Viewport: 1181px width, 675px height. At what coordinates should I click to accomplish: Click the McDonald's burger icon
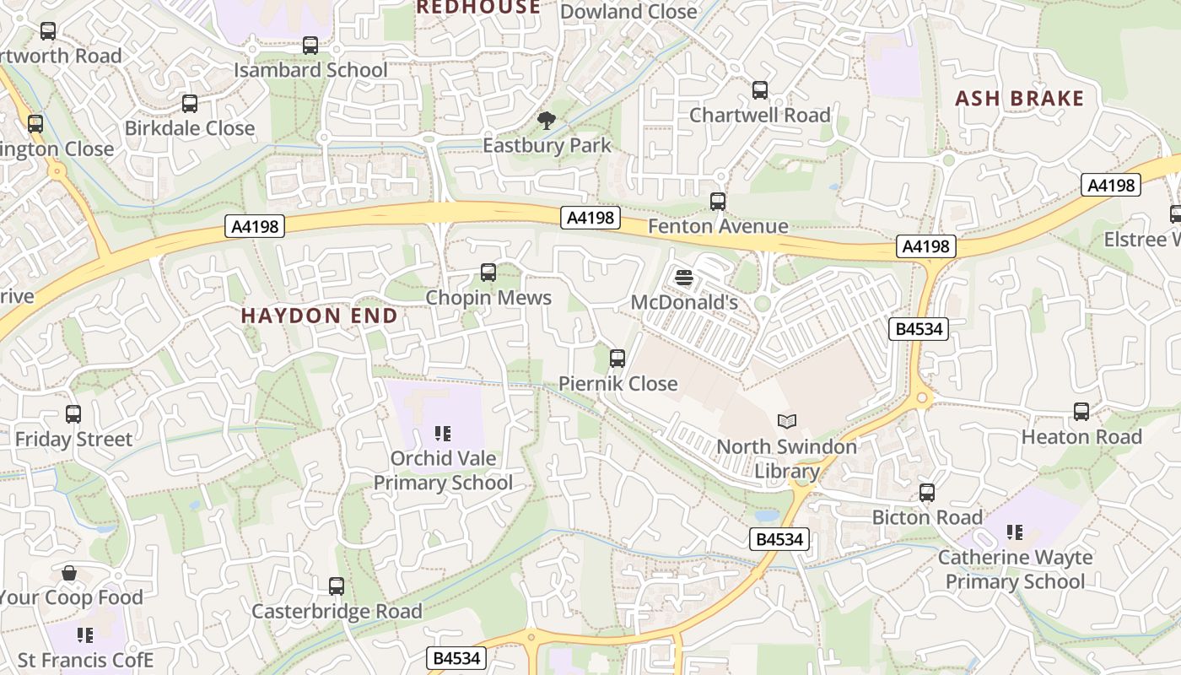(x=684, y=277)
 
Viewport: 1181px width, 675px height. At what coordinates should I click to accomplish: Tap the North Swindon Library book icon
(x=787, y=420)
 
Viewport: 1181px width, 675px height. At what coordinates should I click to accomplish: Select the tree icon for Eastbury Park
(x=547, y=120)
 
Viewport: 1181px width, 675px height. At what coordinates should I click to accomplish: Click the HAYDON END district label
(x=319, y=316)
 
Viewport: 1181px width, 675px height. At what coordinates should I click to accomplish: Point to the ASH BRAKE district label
(x=1019, y=99)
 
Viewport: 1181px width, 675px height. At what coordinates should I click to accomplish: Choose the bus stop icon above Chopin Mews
(x=488, y=272)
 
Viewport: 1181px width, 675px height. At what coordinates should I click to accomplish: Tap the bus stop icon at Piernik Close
(x=617, y=359)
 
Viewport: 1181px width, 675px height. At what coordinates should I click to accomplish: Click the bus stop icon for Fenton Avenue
(x=718, y=201)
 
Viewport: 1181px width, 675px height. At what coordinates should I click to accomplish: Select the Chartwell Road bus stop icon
(x=760, y=89)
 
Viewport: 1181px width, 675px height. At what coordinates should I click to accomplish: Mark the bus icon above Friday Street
(x=73, y=414)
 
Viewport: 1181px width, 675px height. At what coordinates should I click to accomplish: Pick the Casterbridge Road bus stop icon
(x=337, y=586)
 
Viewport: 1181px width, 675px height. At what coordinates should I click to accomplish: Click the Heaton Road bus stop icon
(x=1081, y=412)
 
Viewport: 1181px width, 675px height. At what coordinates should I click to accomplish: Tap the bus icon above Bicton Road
(x=927, y=493)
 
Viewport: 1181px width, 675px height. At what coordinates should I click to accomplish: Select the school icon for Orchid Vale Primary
(x=443, y=434)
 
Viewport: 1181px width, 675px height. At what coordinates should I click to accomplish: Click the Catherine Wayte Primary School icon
(x=1015, y=532)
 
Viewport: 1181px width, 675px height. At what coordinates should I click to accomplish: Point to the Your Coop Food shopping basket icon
(x=69, y=573)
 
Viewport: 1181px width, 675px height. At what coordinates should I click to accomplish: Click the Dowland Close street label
(x=628, y=12)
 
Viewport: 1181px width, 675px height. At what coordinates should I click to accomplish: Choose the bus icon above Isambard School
(x=310, y=45)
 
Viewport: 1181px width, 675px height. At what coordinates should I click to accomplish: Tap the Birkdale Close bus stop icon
(x=190, y=103)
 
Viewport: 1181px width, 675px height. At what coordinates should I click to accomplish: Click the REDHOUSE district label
(x=478, y=8)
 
